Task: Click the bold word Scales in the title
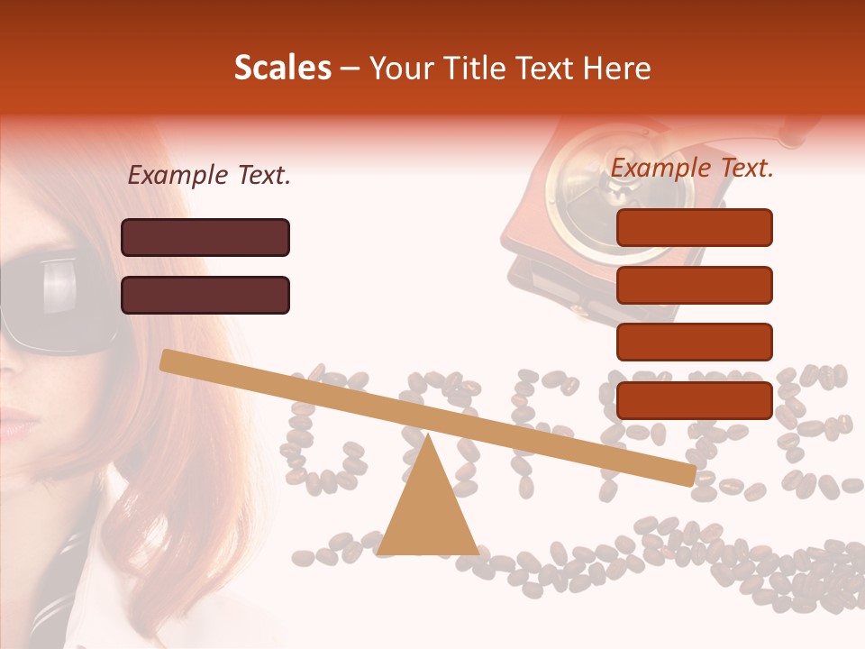coord(282,69)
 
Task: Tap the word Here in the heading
coord(616,69)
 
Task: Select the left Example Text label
coord(209,176)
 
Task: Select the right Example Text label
coord(692,168)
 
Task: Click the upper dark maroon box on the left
coord(205,237)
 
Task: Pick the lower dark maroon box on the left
coord(205,295)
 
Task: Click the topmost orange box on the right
coord(694,227)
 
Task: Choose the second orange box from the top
coord(694,285)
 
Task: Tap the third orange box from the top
coord(694,342)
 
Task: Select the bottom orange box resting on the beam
coord(694,400)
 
